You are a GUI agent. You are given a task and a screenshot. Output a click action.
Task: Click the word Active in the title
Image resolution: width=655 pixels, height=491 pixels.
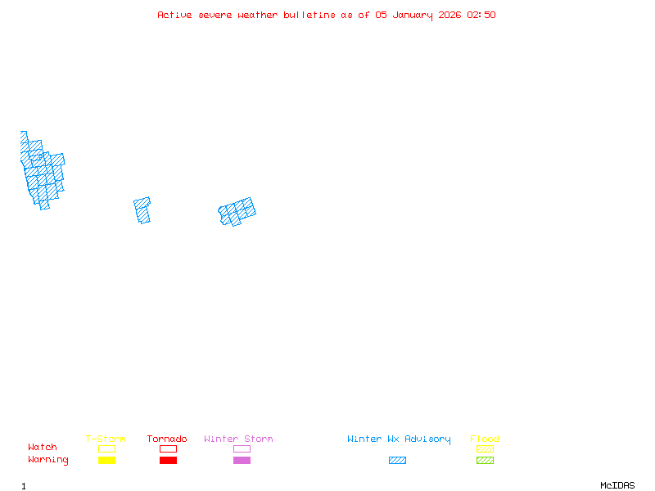point(175,15)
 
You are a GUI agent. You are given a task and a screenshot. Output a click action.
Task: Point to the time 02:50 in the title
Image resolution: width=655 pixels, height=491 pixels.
point(481,15)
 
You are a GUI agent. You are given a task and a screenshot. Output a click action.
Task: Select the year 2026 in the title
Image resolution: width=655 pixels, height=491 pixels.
point(450,15)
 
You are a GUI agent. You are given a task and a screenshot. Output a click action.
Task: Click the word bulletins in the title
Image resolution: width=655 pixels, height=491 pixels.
point(308,15)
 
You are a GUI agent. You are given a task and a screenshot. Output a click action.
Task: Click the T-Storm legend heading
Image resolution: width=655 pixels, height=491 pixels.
point(106,439)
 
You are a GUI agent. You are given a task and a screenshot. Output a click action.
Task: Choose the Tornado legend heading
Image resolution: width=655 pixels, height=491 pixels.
point(167,439)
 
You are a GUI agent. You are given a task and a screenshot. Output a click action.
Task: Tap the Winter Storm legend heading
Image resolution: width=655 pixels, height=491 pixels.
point(238,439)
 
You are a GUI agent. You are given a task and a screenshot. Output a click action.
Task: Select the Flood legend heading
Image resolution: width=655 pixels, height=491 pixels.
point(485,439)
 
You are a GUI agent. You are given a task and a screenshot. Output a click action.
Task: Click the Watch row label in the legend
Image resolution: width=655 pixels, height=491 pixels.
point(43,448)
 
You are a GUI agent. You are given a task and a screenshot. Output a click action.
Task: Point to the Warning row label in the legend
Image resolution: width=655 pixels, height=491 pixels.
point(47,460)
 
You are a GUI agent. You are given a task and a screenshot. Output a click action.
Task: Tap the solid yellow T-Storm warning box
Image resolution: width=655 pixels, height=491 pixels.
point(106,461)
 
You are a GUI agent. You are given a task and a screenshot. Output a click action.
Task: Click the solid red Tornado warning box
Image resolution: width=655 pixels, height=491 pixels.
point(168,461)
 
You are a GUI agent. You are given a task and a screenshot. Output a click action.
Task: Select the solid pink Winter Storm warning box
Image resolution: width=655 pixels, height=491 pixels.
point(242,461)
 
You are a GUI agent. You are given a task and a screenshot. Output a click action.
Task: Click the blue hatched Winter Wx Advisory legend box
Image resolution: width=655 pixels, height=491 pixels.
point(397,461)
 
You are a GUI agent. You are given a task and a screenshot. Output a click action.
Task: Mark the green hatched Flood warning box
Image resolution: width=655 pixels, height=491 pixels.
point(485,461)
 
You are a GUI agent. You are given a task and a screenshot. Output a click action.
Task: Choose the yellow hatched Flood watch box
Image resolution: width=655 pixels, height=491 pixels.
point(485,448)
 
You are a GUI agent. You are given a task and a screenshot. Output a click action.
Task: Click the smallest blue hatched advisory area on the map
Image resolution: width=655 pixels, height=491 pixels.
point(142,210)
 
